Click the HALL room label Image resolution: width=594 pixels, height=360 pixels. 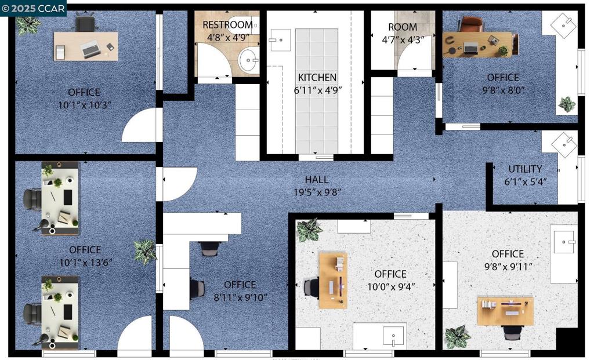317,180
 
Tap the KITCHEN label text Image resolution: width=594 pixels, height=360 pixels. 317,78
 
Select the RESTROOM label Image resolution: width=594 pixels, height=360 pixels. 227,25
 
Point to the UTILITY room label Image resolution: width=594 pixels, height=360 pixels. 525,169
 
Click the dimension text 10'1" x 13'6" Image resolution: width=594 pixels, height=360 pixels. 86,263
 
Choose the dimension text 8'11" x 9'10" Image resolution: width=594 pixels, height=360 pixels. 240,297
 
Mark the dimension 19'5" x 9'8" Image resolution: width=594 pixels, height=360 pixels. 317,192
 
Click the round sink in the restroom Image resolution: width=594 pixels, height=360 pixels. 248,60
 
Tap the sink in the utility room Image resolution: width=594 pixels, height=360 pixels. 564,144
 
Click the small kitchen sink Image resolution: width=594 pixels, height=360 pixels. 280,40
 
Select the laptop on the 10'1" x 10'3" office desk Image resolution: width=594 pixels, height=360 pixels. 90,49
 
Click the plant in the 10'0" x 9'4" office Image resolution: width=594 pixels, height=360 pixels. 309,230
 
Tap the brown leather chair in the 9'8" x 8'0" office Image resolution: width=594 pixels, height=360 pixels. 471,24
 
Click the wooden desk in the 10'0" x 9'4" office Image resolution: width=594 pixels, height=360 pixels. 333,281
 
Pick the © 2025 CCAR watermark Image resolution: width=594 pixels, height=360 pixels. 33,8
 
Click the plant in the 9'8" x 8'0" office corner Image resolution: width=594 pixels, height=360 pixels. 567,104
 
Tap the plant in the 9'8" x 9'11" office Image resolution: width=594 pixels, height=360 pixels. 458,337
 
